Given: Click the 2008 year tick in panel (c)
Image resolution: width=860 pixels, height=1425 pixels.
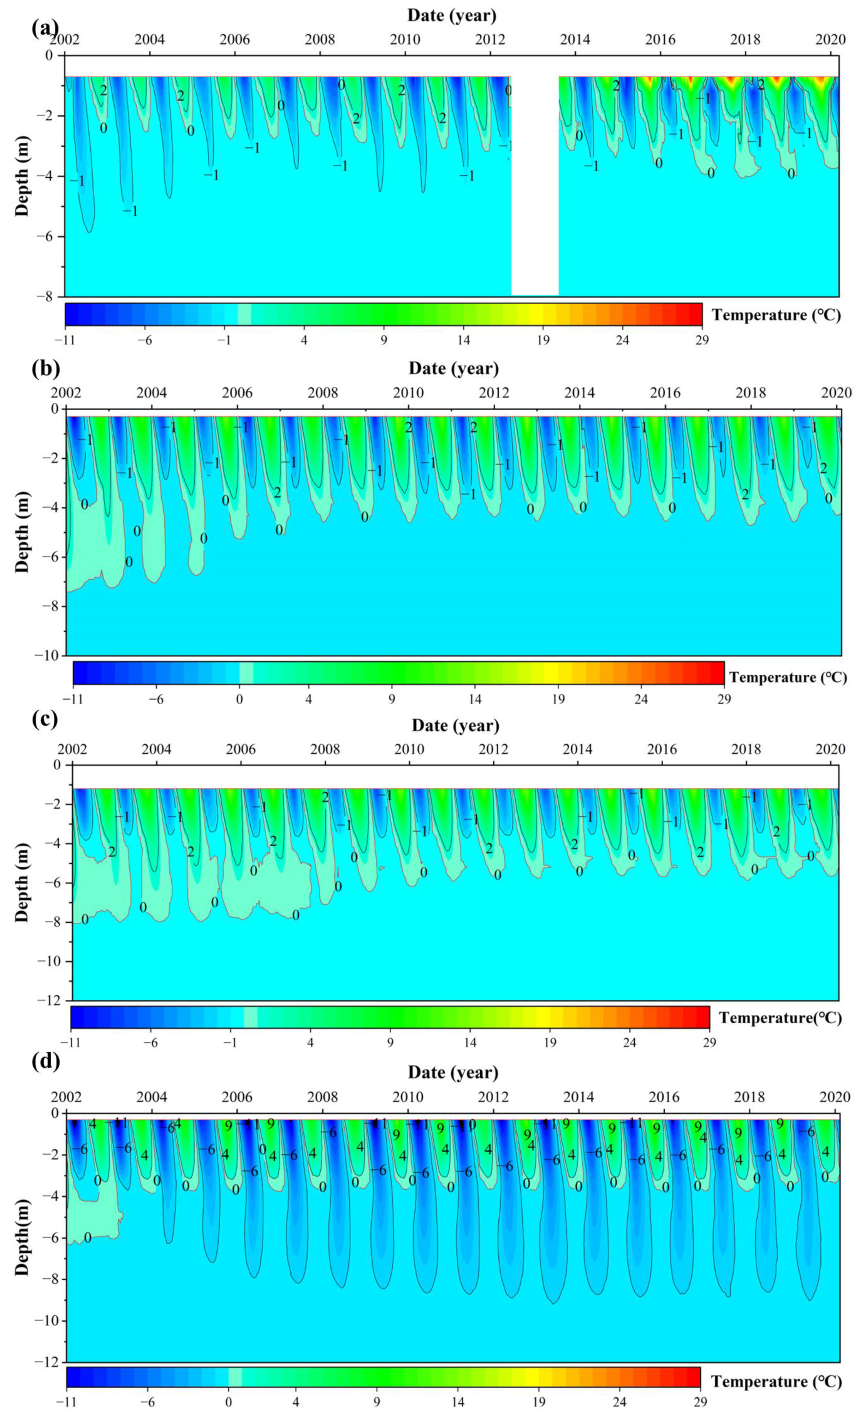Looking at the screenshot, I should point(325,749).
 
